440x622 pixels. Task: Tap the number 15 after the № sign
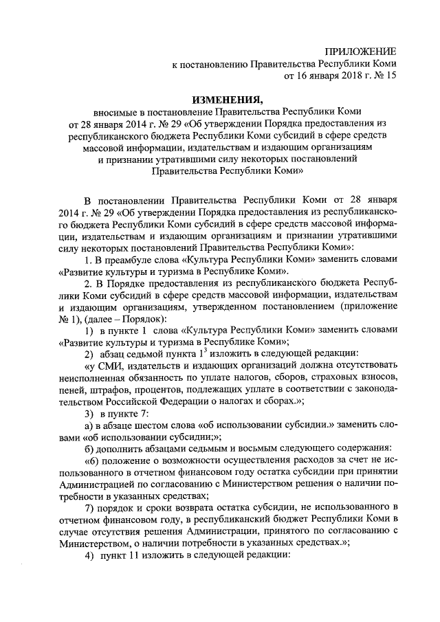pos(390,77)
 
